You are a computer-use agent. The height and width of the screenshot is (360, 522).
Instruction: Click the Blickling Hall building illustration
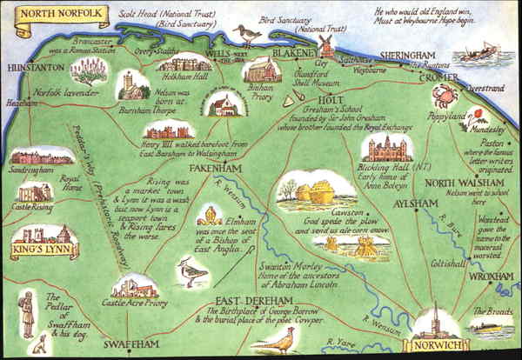(x=386, y=149)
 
